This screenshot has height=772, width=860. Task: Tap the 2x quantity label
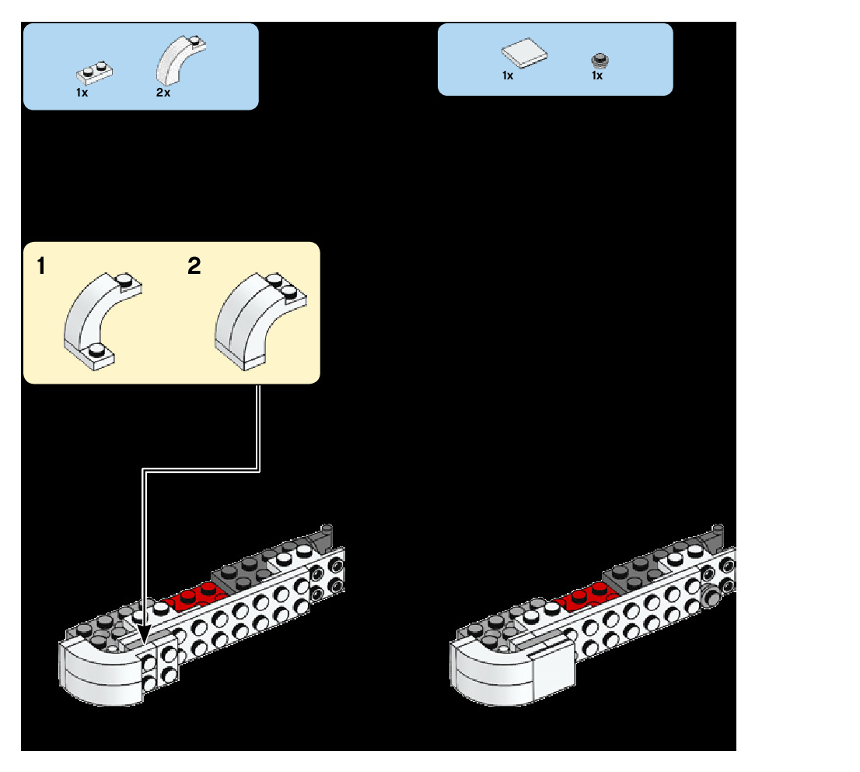(163, 93)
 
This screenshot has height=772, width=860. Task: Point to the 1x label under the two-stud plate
(82, 93)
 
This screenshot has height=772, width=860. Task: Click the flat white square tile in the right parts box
(524, 54)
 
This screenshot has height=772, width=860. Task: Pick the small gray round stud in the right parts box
(599, 60)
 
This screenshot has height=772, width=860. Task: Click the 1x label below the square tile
(508, 76)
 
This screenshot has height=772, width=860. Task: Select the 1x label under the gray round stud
(597, 76)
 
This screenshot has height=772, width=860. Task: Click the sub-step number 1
(40, 268)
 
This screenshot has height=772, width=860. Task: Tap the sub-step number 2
(194, 267)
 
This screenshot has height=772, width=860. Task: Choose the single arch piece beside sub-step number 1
(97, 319)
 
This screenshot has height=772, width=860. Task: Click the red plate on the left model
(198, 595)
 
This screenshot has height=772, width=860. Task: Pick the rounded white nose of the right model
(487, 671)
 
